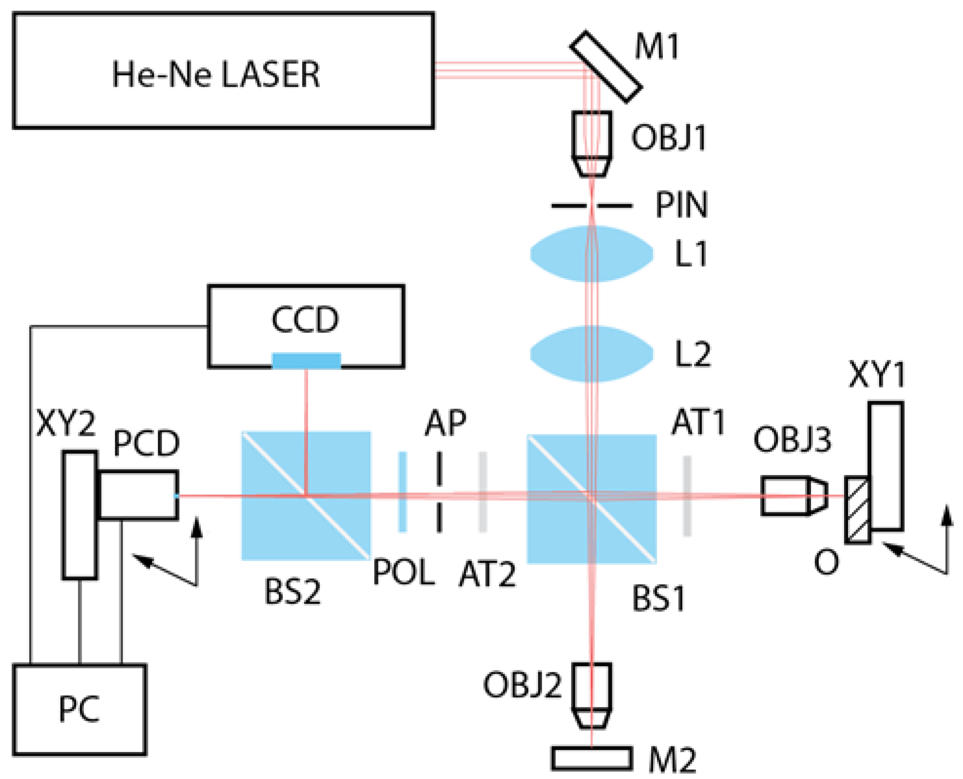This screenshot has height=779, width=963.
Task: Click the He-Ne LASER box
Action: tap(223, 71)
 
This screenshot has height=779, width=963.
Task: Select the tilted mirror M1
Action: tap(605, 67)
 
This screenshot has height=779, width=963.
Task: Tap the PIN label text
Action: tap(681, 205)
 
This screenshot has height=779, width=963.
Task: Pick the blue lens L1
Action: tap(591, 253)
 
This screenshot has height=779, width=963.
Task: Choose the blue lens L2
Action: tap(591, 353)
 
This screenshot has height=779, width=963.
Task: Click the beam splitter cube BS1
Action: tap(591, 498)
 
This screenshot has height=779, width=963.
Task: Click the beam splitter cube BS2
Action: tap(306, 495)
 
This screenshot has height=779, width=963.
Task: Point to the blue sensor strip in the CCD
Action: tap(306, 361)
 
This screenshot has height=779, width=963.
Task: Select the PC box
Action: tap(79, 709)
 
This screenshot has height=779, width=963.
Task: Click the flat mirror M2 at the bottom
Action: tap(591, 758)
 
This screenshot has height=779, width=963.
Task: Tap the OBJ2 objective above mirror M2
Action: tap(591, 695)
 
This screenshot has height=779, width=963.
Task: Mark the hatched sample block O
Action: tap(857, 509)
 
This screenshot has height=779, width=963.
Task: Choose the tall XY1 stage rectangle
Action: tap(886, 466)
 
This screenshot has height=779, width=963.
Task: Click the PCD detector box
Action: tap(138, 495)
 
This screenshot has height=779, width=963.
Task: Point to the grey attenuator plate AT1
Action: tap(687, 496)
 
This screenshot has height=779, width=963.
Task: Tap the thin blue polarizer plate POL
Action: tap(402, 491)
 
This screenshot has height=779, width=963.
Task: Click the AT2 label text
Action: tap(487, 574)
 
